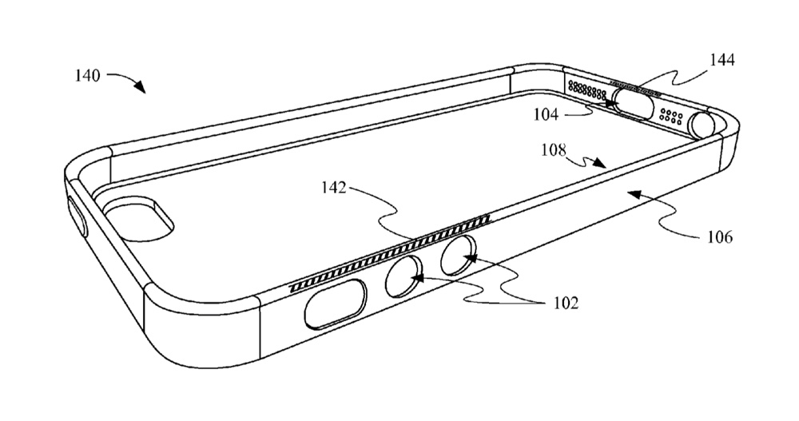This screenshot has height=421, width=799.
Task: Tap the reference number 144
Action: pos(722,60)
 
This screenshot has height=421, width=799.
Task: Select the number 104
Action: pos(547,115)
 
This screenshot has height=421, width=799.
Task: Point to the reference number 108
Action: pos(554,150)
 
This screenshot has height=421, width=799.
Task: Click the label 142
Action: pos(334,188)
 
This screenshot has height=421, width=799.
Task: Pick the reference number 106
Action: pos(720,237)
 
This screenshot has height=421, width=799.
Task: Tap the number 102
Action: pos(566,304)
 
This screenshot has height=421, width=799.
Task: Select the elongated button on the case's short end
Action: pos(77,216)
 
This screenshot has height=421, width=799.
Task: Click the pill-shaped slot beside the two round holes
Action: pos(336,304)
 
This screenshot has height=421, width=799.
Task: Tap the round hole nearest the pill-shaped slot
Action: pos(404,276)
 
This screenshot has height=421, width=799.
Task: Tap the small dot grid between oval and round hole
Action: pos(671,117)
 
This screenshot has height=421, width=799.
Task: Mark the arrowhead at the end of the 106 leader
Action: pos(632,193)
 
